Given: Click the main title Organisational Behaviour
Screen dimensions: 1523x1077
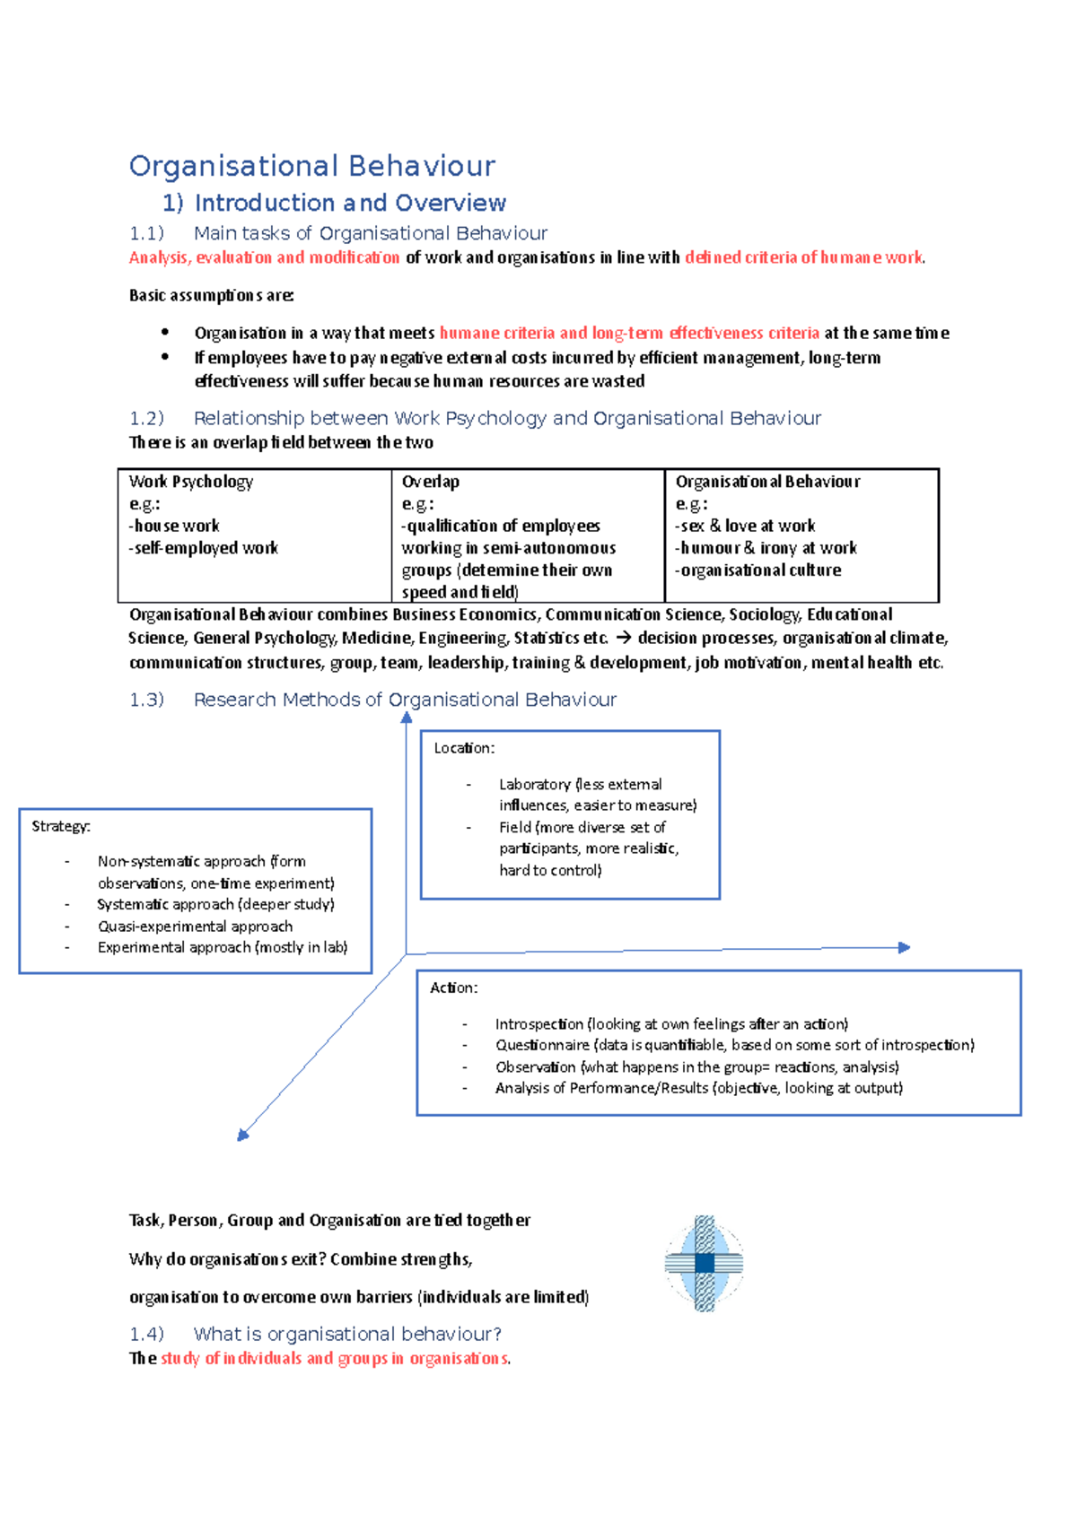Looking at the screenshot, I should [311, 166].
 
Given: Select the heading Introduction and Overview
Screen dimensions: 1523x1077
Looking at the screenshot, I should [350, 203].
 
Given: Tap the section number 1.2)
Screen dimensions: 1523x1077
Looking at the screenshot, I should [146, 418].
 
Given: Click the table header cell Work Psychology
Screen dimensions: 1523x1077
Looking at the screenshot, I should [191, 482].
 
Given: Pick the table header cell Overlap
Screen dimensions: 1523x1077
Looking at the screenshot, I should [431, 482].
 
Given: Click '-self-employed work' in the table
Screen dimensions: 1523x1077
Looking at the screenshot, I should [204, 548].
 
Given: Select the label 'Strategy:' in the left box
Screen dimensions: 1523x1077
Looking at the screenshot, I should [61, 826].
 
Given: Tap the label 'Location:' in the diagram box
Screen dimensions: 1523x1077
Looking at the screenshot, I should [464, 748].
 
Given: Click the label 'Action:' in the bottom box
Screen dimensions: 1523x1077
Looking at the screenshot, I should [453, 988].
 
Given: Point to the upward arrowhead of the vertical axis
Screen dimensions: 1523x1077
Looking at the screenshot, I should [407, 717].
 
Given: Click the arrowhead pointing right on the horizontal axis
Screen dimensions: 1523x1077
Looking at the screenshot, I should [905, 947].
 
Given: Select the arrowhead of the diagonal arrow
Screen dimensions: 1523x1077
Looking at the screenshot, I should [242, 1136].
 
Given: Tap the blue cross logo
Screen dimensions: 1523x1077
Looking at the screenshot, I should [705, 1263].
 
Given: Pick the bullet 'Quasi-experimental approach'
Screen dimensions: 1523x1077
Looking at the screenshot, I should [195, 927].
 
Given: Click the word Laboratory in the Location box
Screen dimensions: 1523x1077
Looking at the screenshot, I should [535, 784].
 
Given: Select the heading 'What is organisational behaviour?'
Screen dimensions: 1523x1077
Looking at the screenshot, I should [347, 1334].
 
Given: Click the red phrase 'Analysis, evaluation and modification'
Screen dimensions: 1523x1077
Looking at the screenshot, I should [264, 257].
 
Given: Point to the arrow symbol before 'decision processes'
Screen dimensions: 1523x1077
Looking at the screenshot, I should [623, 638].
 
